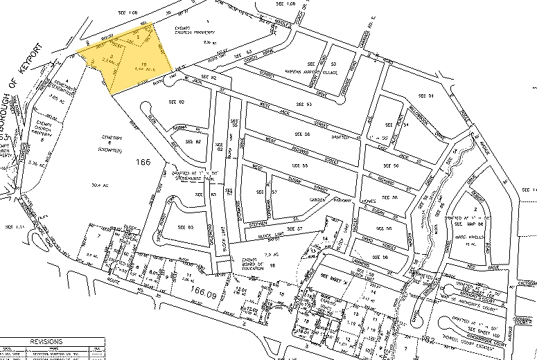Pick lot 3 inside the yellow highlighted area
pos(112,56)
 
